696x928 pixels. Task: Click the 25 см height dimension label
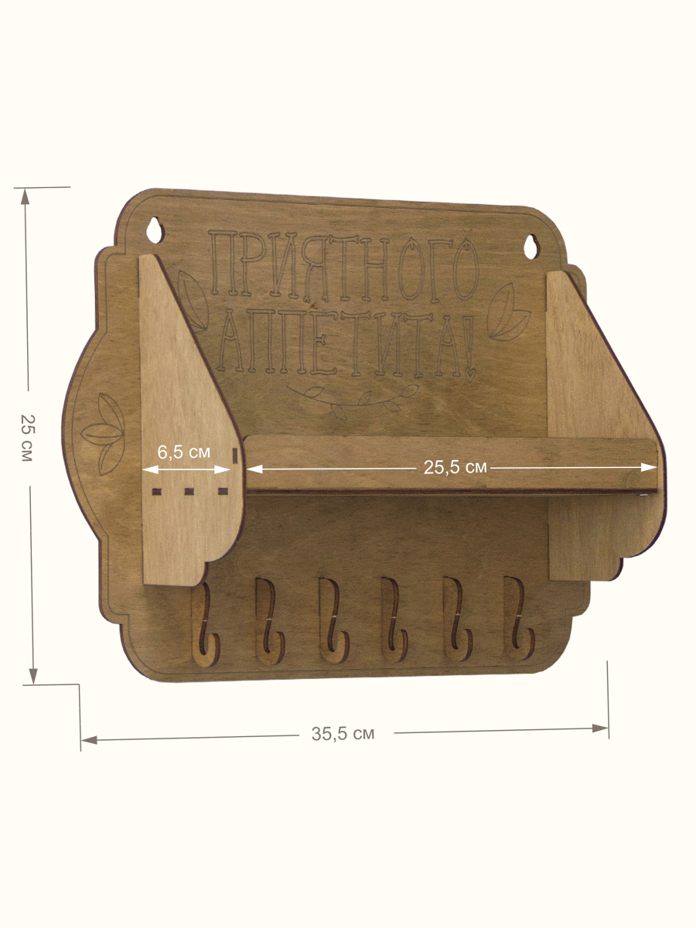click(x=28, y=438)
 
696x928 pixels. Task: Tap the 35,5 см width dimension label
click(x=343, y=734)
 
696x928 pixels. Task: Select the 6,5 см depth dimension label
click(x=184, y=452)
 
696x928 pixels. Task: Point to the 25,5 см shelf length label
click(x=455, y=467)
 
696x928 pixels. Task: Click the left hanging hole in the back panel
click(x=155, y=230)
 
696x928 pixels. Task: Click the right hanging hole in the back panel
click(x=531, y=247)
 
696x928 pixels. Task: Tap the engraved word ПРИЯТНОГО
click(x=344, y=266)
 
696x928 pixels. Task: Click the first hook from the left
click(x=206, y=625)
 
